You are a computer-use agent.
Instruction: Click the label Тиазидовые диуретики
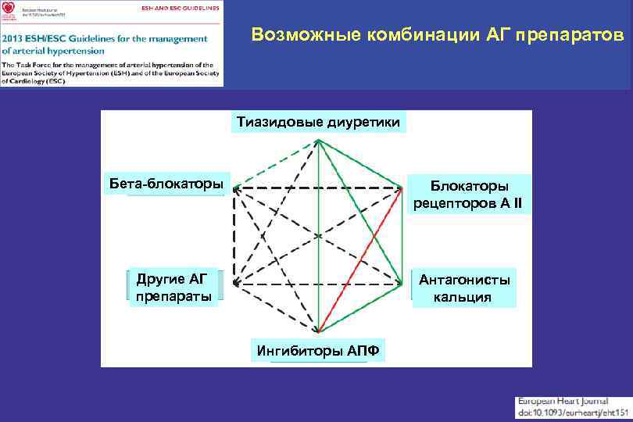318,122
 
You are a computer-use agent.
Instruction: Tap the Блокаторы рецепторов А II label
469,195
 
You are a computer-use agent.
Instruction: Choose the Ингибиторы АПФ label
317,350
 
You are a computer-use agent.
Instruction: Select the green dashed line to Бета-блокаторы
275,163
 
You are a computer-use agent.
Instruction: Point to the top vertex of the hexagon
318,141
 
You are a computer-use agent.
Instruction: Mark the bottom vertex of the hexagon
318,331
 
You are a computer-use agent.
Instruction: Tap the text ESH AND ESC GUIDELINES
180,6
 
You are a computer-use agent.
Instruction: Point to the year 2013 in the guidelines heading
16,38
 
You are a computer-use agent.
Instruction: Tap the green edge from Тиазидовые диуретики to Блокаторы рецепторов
361,163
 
